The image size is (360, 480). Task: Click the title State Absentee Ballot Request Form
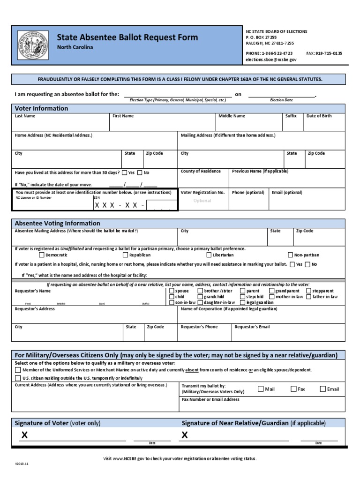click(x=127, y=37)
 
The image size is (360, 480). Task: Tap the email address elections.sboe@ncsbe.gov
click(x=271, y=60)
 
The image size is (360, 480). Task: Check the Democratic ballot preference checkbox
click(x=42, y=255)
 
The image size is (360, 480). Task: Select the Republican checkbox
click(x=125, y=255)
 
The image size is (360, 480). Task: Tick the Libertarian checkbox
click(x=209, y=255)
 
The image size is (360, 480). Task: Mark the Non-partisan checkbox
click(x=291, y=255)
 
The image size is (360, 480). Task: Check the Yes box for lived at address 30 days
click(x=125, y=172)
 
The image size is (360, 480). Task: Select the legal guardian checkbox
click(x=242, y=303)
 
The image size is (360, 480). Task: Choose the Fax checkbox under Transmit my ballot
click(x=293, y=389)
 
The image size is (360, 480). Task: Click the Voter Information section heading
click(x=41, y=108)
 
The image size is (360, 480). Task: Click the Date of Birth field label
click(x=319, y=116)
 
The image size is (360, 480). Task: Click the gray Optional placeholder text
click(x=202, y=201)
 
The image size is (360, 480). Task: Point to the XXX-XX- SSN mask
click(x=120, y=205)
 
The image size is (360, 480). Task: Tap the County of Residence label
click(x=201, y=171)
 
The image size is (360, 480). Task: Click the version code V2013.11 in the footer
click(x=22, y=464)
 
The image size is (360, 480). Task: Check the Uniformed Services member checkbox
click(x=18, y=370)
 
